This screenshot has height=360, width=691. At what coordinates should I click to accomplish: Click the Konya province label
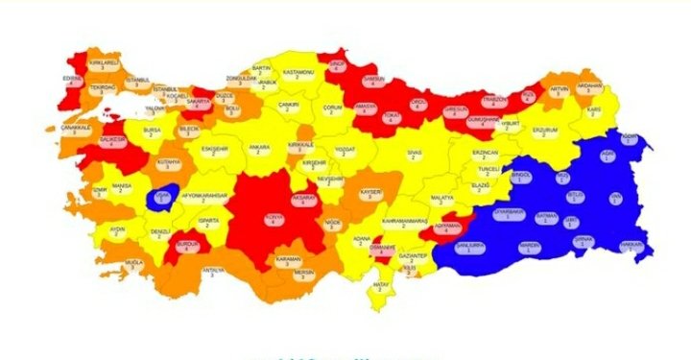click(x=274, y=218)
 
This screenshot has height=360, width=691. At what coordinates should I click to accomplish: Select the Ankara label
click(x=258, y=149)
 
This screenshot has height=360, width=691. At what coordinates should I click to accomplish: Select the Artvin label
click(x=559, y=91)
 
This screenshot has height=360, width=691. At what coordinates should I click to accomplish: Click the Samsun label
click(x=377, y=82)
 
